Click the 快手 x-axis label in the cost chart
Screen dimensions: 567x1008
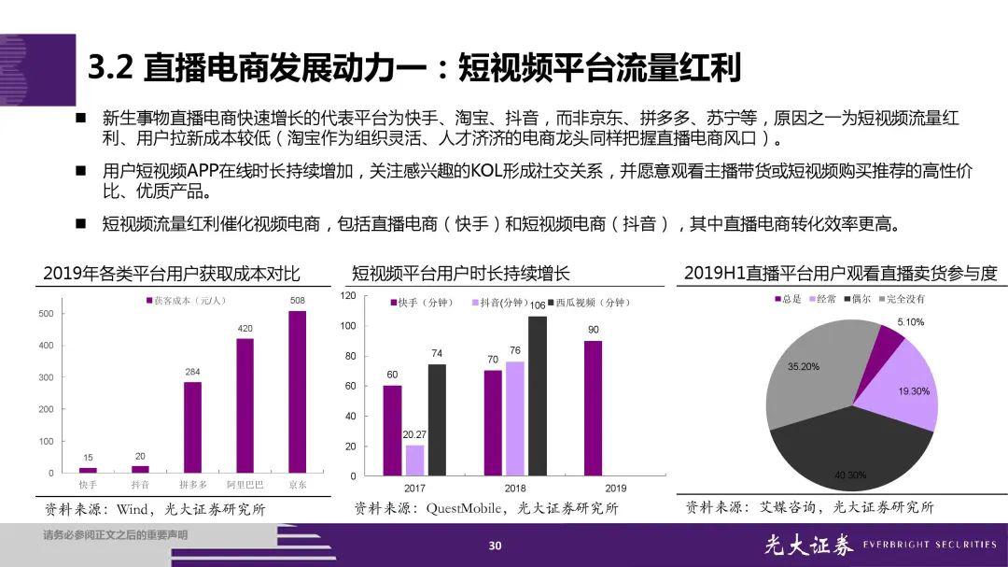88,485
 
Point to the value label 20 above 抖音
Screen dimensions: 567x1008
140,456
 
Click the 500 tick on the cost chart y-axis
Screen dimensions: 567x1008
46,314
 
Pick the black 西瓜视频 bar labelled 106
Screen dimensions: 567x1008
538,395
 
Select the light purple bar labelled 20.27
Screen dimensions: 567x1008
414,460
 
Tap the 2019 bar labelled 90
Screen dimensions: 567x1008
593,407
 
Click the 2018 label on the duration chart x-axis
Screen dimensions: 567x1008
516,489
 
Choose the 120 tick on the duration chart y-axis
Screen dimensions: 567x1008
348,296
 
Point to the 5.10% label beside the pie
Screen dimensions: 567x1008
911,322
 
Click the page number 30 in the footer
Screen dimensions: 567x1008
496,546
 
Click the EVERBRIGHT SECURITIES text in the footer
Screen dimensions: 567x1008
930,545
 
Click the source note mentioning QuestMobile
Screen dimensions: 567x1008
485,509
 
